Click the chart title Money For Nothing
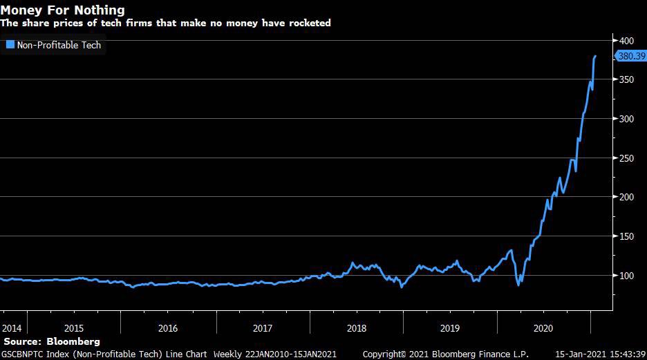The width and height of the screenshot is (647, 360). coord(63,10)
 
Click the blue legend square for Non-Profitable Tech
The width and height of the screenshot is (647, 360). coord(10,45)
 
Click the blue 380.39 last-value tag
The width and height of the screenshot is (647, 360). coord(630,57)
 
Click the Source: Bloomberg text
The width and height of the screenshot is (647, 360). coord(52,341)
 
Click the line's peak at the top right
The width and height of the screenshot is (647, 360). coord(595,56)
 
